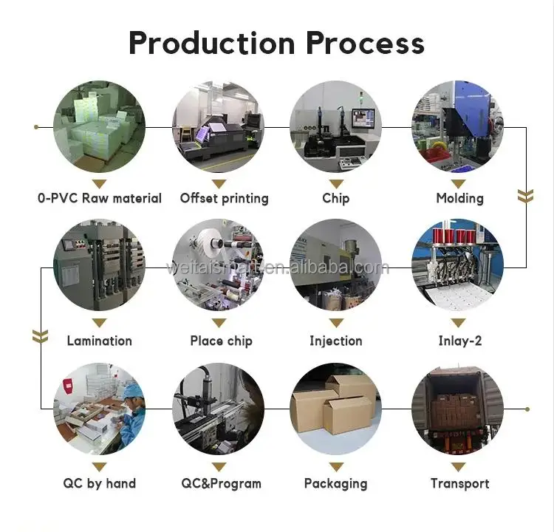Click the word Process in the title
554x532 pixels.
pyautogui.click(x=366, y=43)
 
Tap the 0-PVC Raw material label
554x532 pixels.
pyautogui.click(x=100, y=198)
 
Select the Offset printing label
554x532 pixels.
pyautogui.click(x=224, y=198)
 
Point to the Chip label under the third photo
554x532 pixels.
pyautogui.click(x=335, y=198)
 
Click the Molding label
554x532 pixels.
pyautogui.click(x=459, y=198)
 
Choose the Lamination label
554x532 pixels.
pyautogui.click(x=100, y=341)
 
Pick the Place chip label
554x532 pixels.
pyautogui.click(x=221, y=341)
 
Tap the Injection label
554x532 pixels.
pyautogui.click(x=335, y=341)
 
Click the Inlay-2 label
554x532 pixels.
pyautogui.click(x=459, y=341)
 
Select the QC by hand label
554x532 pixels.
pyautogui.click(x=100, y=483)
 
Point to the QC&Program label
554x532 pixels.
pyautogui.click(x=221, y=483)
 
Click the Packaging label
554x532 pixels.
pyautogui.click(x=335, y=483)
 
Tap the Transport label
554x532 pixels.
pyautogui.click(x=459, y=483)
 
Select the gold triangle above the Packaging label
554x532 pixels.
pyautogui.click(x=336, y=467)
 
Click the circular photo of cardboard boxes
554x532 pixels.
pyautogui.click(x=336, y=409)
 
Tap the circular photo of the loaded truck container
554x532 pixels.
pyautogui.click(x=458, y=409)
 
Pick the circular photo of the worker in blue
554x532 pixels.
pyautogui.click(x=100, y=409)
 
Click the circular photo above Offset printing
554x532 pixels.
pyautogui.click(x=219, y=126)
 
